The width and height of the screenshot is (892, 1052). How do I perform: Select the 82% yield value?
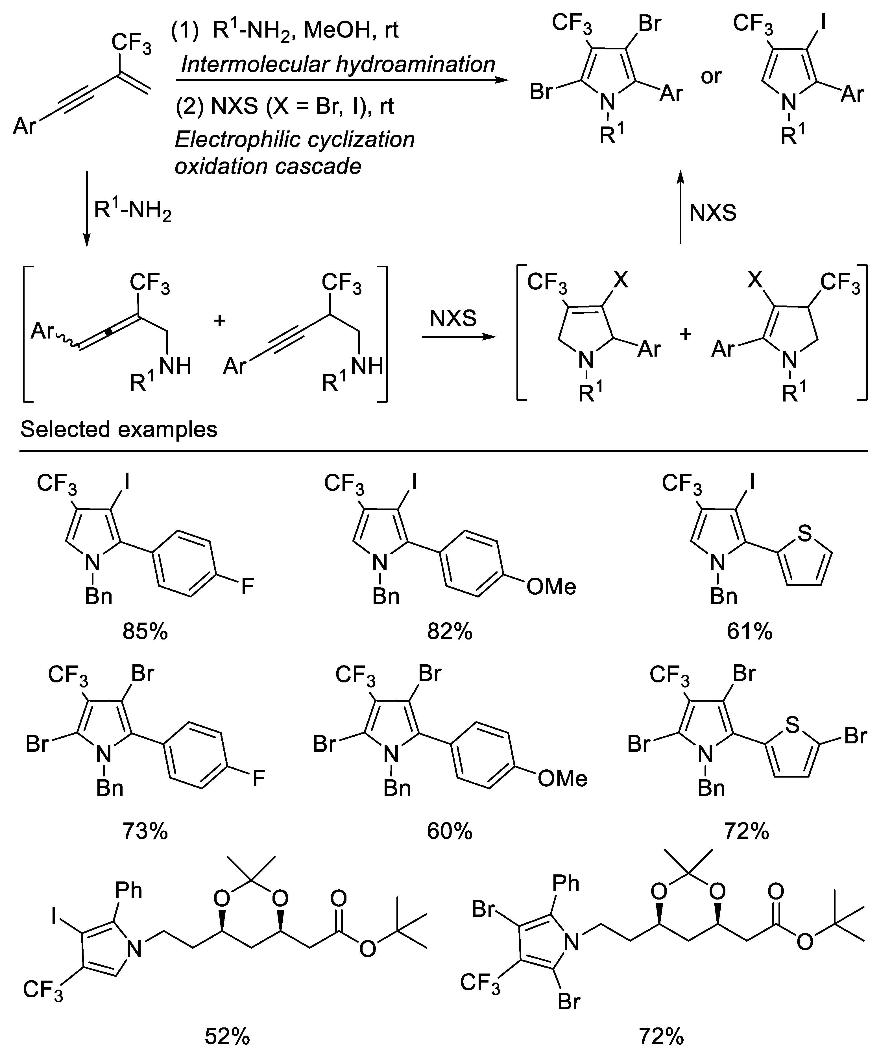click(x=450, y=632)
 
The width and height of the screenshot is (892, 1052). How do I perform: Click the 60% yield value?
click(x=450, y=831)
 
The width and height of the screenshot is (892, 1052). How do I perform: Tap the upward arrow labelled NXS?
click(x=681, y=207)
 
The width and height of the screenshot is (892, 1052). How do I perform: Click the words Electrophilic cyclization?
click(x=295, y=139)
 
